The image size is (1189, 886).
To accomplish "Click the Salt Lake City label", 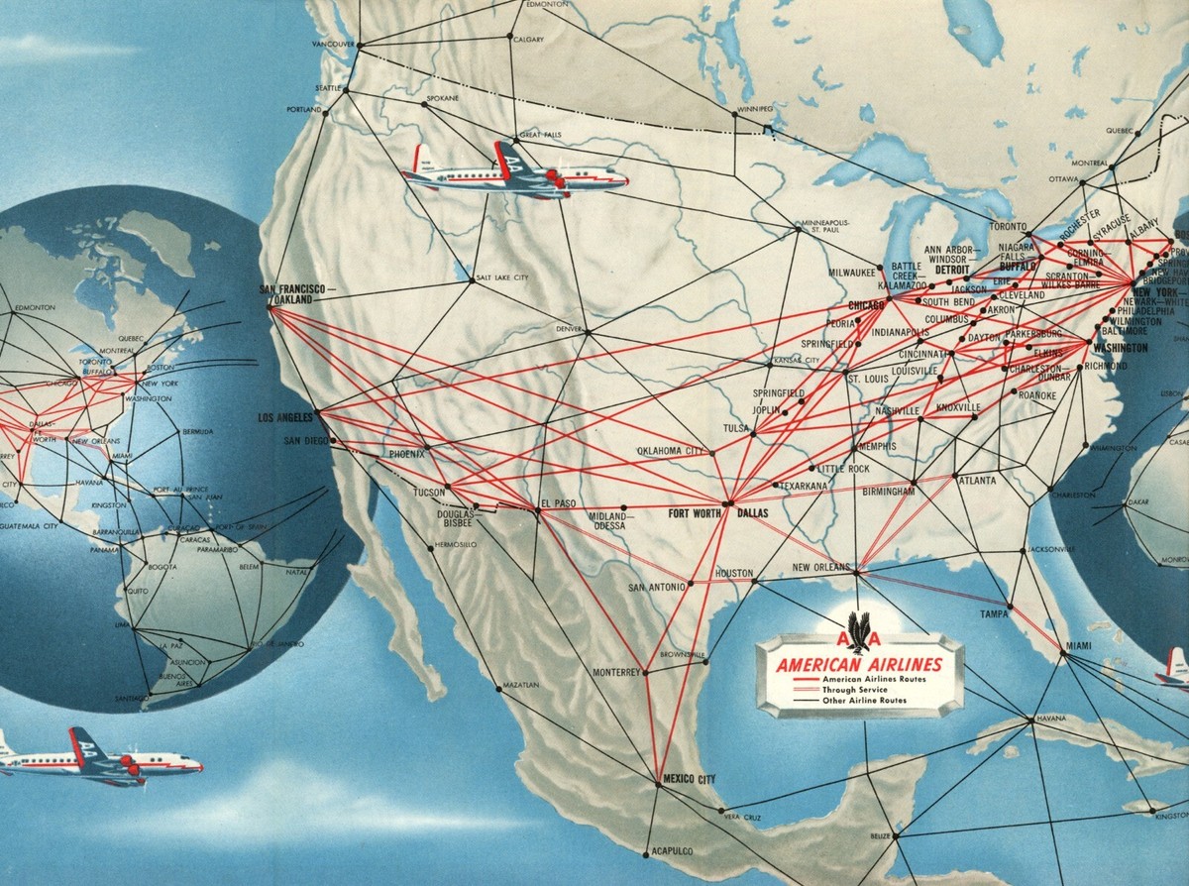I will (501, 278).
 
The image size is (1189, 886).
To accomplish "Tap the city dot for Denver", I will (586, 331).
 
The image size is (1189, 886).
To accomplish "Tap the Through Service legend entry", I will (855, 689).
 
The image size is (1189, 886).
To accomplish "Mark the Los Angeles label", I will (285, 416).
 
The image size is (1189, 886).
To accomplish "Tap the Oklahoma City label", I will (670, 451).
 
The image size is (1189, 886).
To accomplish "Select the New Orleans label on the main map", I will (820, 567).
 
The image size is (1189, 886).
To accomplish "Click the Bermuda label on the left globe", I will (197, 432).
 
